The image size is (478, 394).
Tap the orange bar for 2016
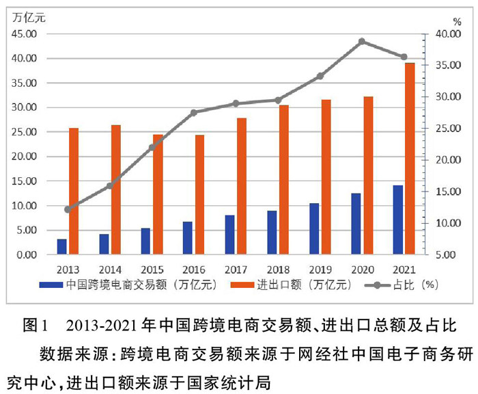[x=199, y=195]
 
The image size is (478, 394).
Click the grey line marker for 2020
[x=362, y=42]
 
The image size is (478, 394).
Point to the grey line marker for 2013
[x=68, y=209]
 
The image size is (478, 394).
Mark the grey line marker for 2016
[x=194, y=112]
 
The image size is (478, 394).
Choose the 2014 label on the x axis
[x=110, y=269]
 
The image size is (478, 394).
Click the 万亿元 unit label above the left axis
[x=29, y=16]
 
